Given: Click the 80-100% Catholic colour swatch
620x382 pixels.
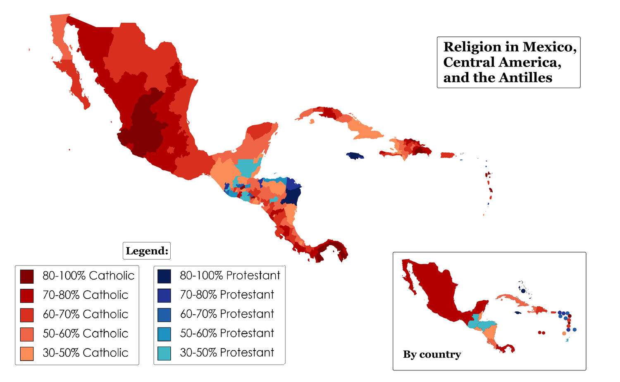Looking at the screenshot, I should pos(27,276).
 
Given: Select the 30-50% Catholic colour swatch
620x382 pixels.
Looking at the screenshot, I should pos(27,353).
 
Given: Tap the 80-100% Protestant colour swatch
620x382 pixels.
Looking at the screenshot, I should pos(164,276).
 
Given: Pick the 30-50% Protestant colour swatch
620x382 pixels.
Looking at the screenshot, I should pos(164,353).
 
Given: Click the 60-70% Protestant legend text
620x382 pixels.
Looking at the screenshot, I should pos(227,314).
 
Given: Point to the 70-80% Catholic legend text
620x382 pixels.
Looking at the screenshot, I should pos(85,295).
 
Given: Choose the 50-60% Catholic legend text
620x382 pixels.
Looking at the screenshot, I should pos(85,333).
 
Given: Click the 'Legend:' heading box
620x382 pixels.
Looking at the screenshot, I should pos(147,251).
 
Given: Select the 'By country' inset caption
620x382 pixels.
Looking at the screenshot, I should pos(432,354).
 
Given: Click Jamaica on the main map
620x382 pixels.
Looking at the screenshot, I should pos(355,156).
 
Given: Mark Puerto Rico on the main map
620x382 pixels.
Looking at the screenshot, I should pos(447,155).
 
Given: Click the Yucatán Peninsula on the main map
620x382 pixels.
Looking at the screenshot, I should pos(258,136).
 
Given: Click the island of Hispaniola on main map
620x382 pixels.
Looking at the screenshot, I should pos(407,149).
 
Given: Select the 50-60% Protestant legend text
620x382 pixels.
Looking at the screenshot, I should pos(227,333).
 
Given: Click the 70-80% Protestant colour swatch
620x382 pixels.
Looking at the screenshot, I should pos(164,295).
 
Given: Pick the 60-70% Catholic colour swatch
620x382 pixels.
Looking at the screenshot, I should pos(27,315).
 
